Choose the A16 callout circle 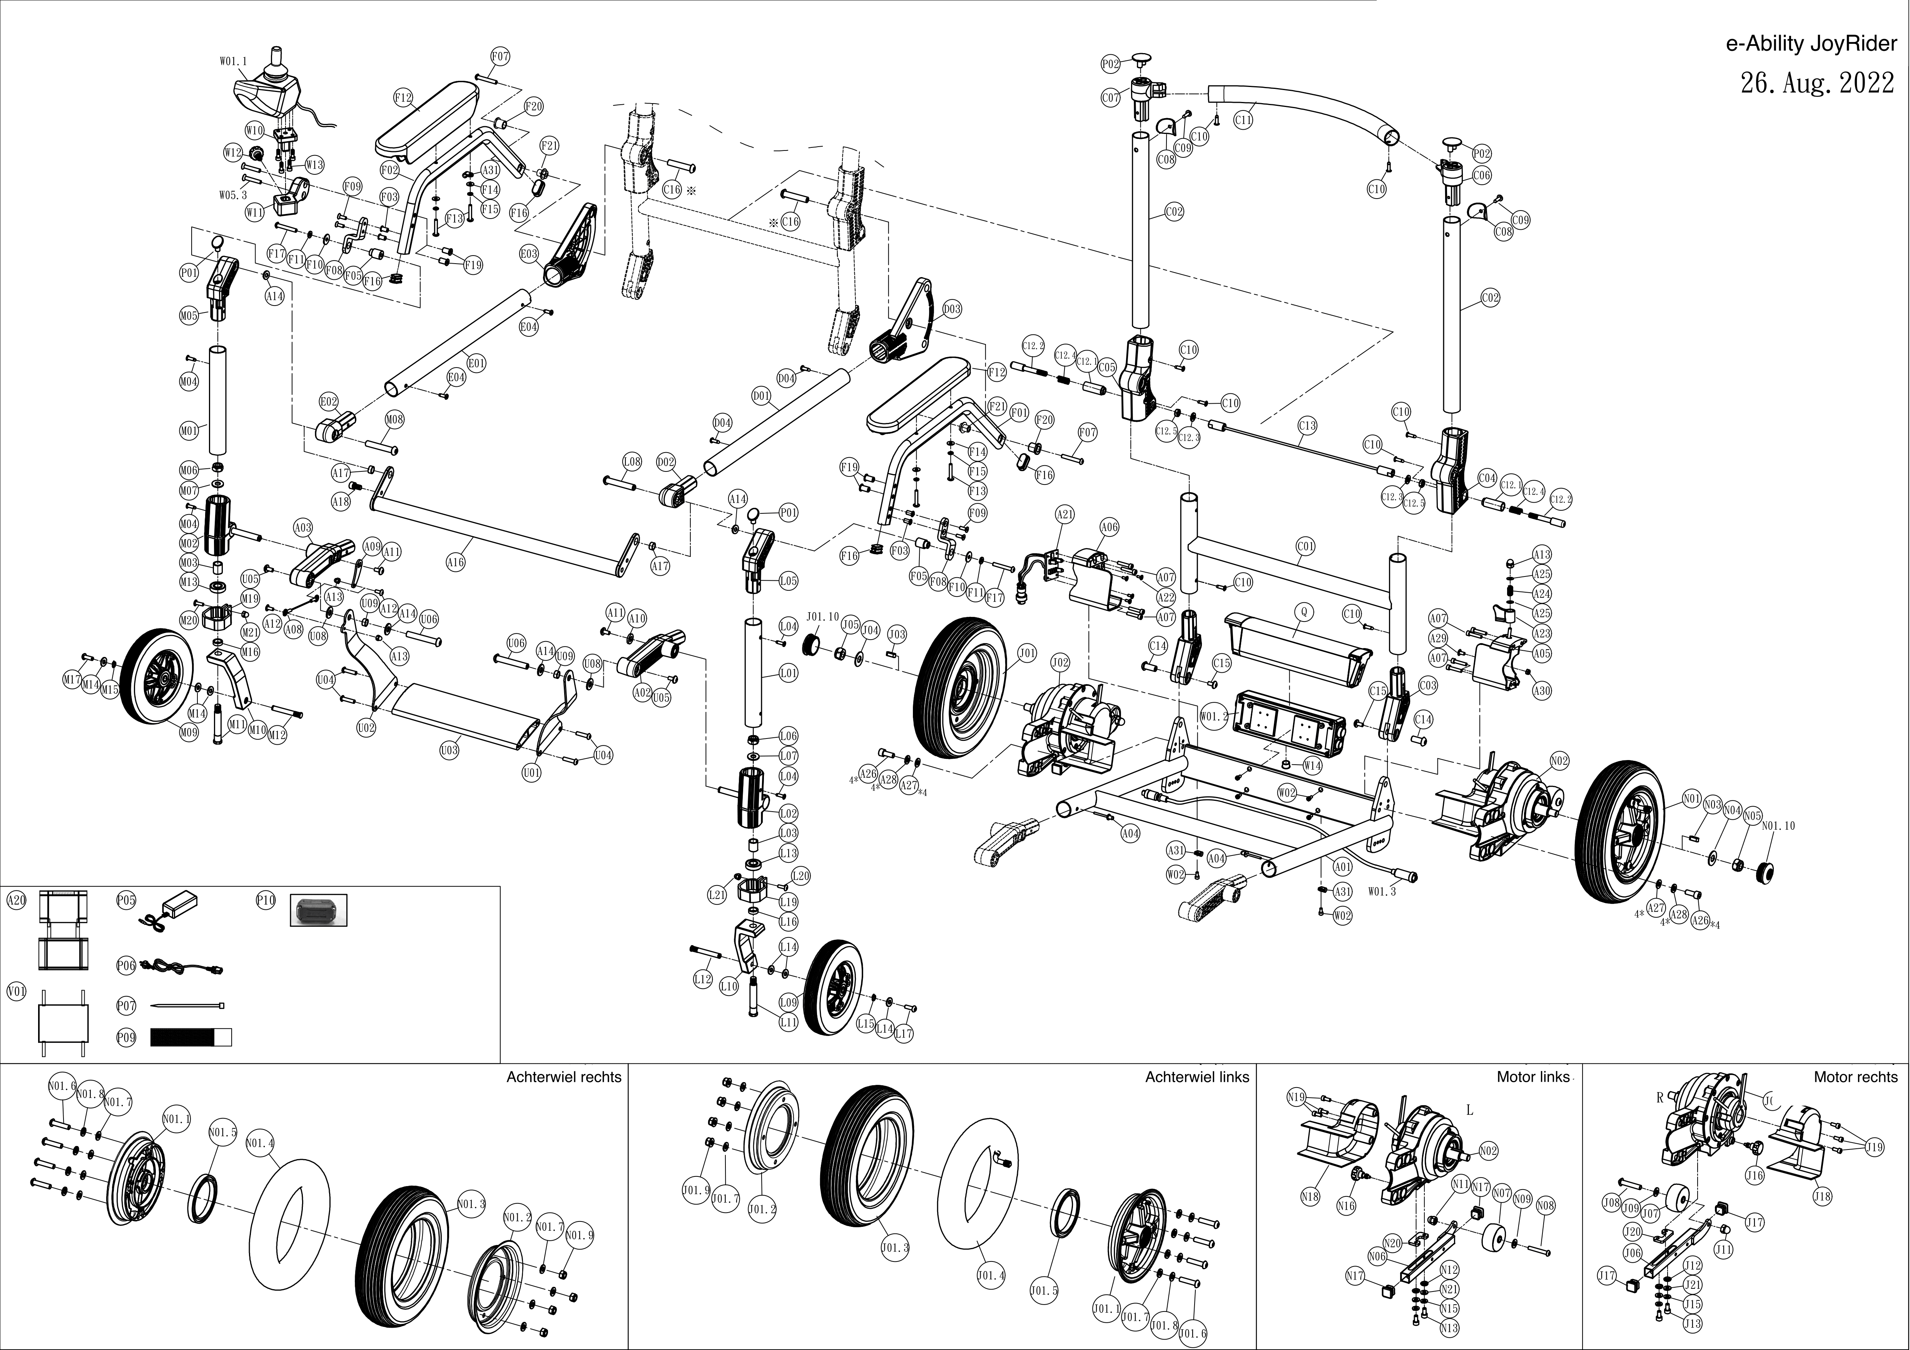(455, 562)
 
